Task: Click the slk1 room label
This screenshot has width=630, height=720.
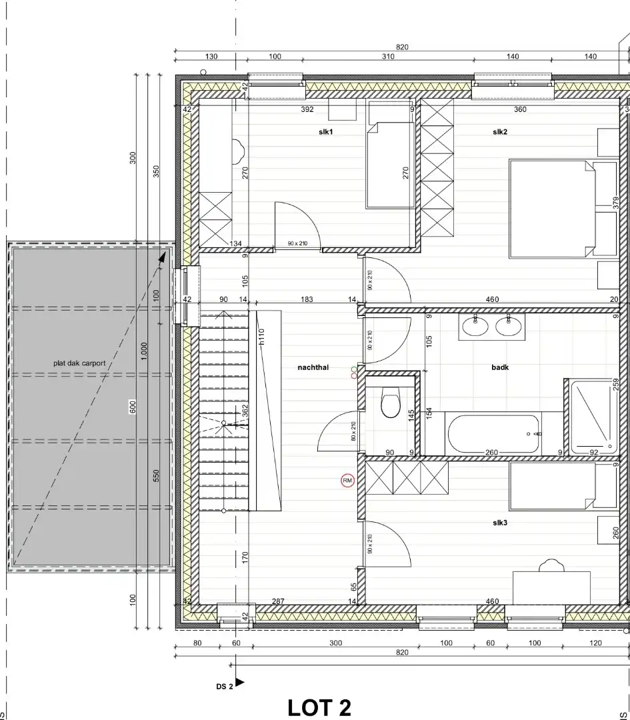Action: (x=325, y=132)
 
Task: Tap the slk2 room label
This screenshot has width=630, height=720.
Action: (x=500, y=132)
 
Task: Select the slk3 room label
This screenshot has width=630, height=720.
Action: (x=500, y=523)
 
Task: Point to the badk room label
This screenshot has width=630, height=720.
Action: (x=500, y=367)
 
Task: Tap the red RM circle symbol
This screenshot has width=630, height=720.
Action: (x=347, y=480)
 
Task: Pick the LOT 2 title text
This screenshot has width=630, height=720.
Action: (x=319, y=707)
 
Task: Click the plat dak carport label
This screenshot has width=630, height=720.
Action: (x=79, y=363)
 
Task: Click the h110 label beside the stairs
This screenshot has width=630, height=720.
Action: (x=262, y=337)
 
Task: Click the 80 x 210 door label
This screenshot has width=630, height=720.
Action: (x=353, y=431)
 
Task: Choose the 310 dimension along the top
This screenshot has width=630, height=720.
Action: (x=388, y=57)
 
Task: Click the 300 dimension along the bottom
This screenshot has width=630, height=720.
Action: (x=335, y=643)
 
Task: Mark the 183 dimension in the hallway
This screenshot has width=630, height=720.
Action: (x=307, y=300)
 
